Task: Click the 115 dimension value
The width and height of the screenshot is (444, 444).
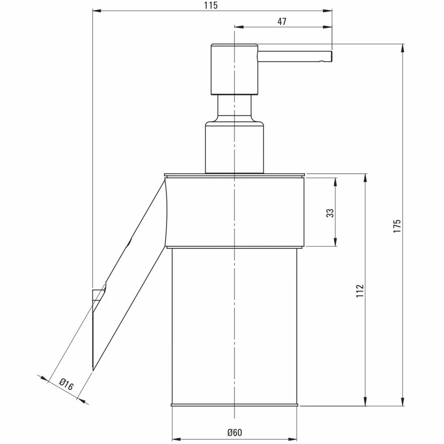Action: (x=211, y=5)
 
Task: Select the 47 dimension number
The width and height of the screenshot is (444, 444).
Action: (x=282, y=21)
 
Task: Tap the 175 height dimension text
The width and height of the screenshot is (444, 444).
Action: (x=397, y=226)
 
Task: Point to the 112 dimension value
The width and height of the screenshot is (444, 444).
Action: (x=360, y=291)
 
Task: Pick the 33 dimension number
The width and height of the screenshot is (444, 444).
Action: (x=330, y=213)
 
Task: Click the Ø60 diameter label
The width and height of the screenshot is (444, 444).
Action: (x=235, y=432)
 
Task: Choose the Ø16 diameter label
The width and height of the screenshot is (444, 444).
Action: (x=66, y=384)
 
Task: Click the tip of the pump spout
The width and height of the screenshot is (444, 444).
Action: (x=332, y=56)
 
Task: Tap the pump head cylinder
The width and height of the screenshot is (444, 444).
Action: (x=235, y=69)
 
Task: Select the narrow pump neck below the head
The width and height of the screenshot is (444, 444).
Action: (x=235, y=108)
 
